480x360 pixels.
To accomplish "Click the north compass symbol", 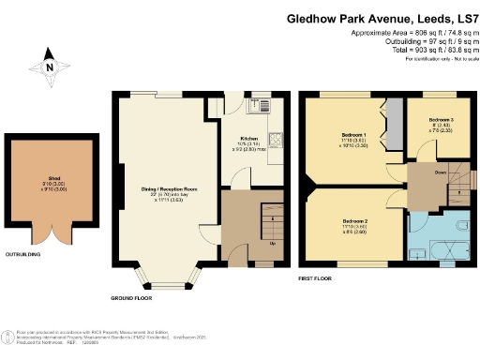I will point(49,67).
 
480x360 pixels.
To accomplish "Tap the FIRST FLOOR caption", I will point(317,279).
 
